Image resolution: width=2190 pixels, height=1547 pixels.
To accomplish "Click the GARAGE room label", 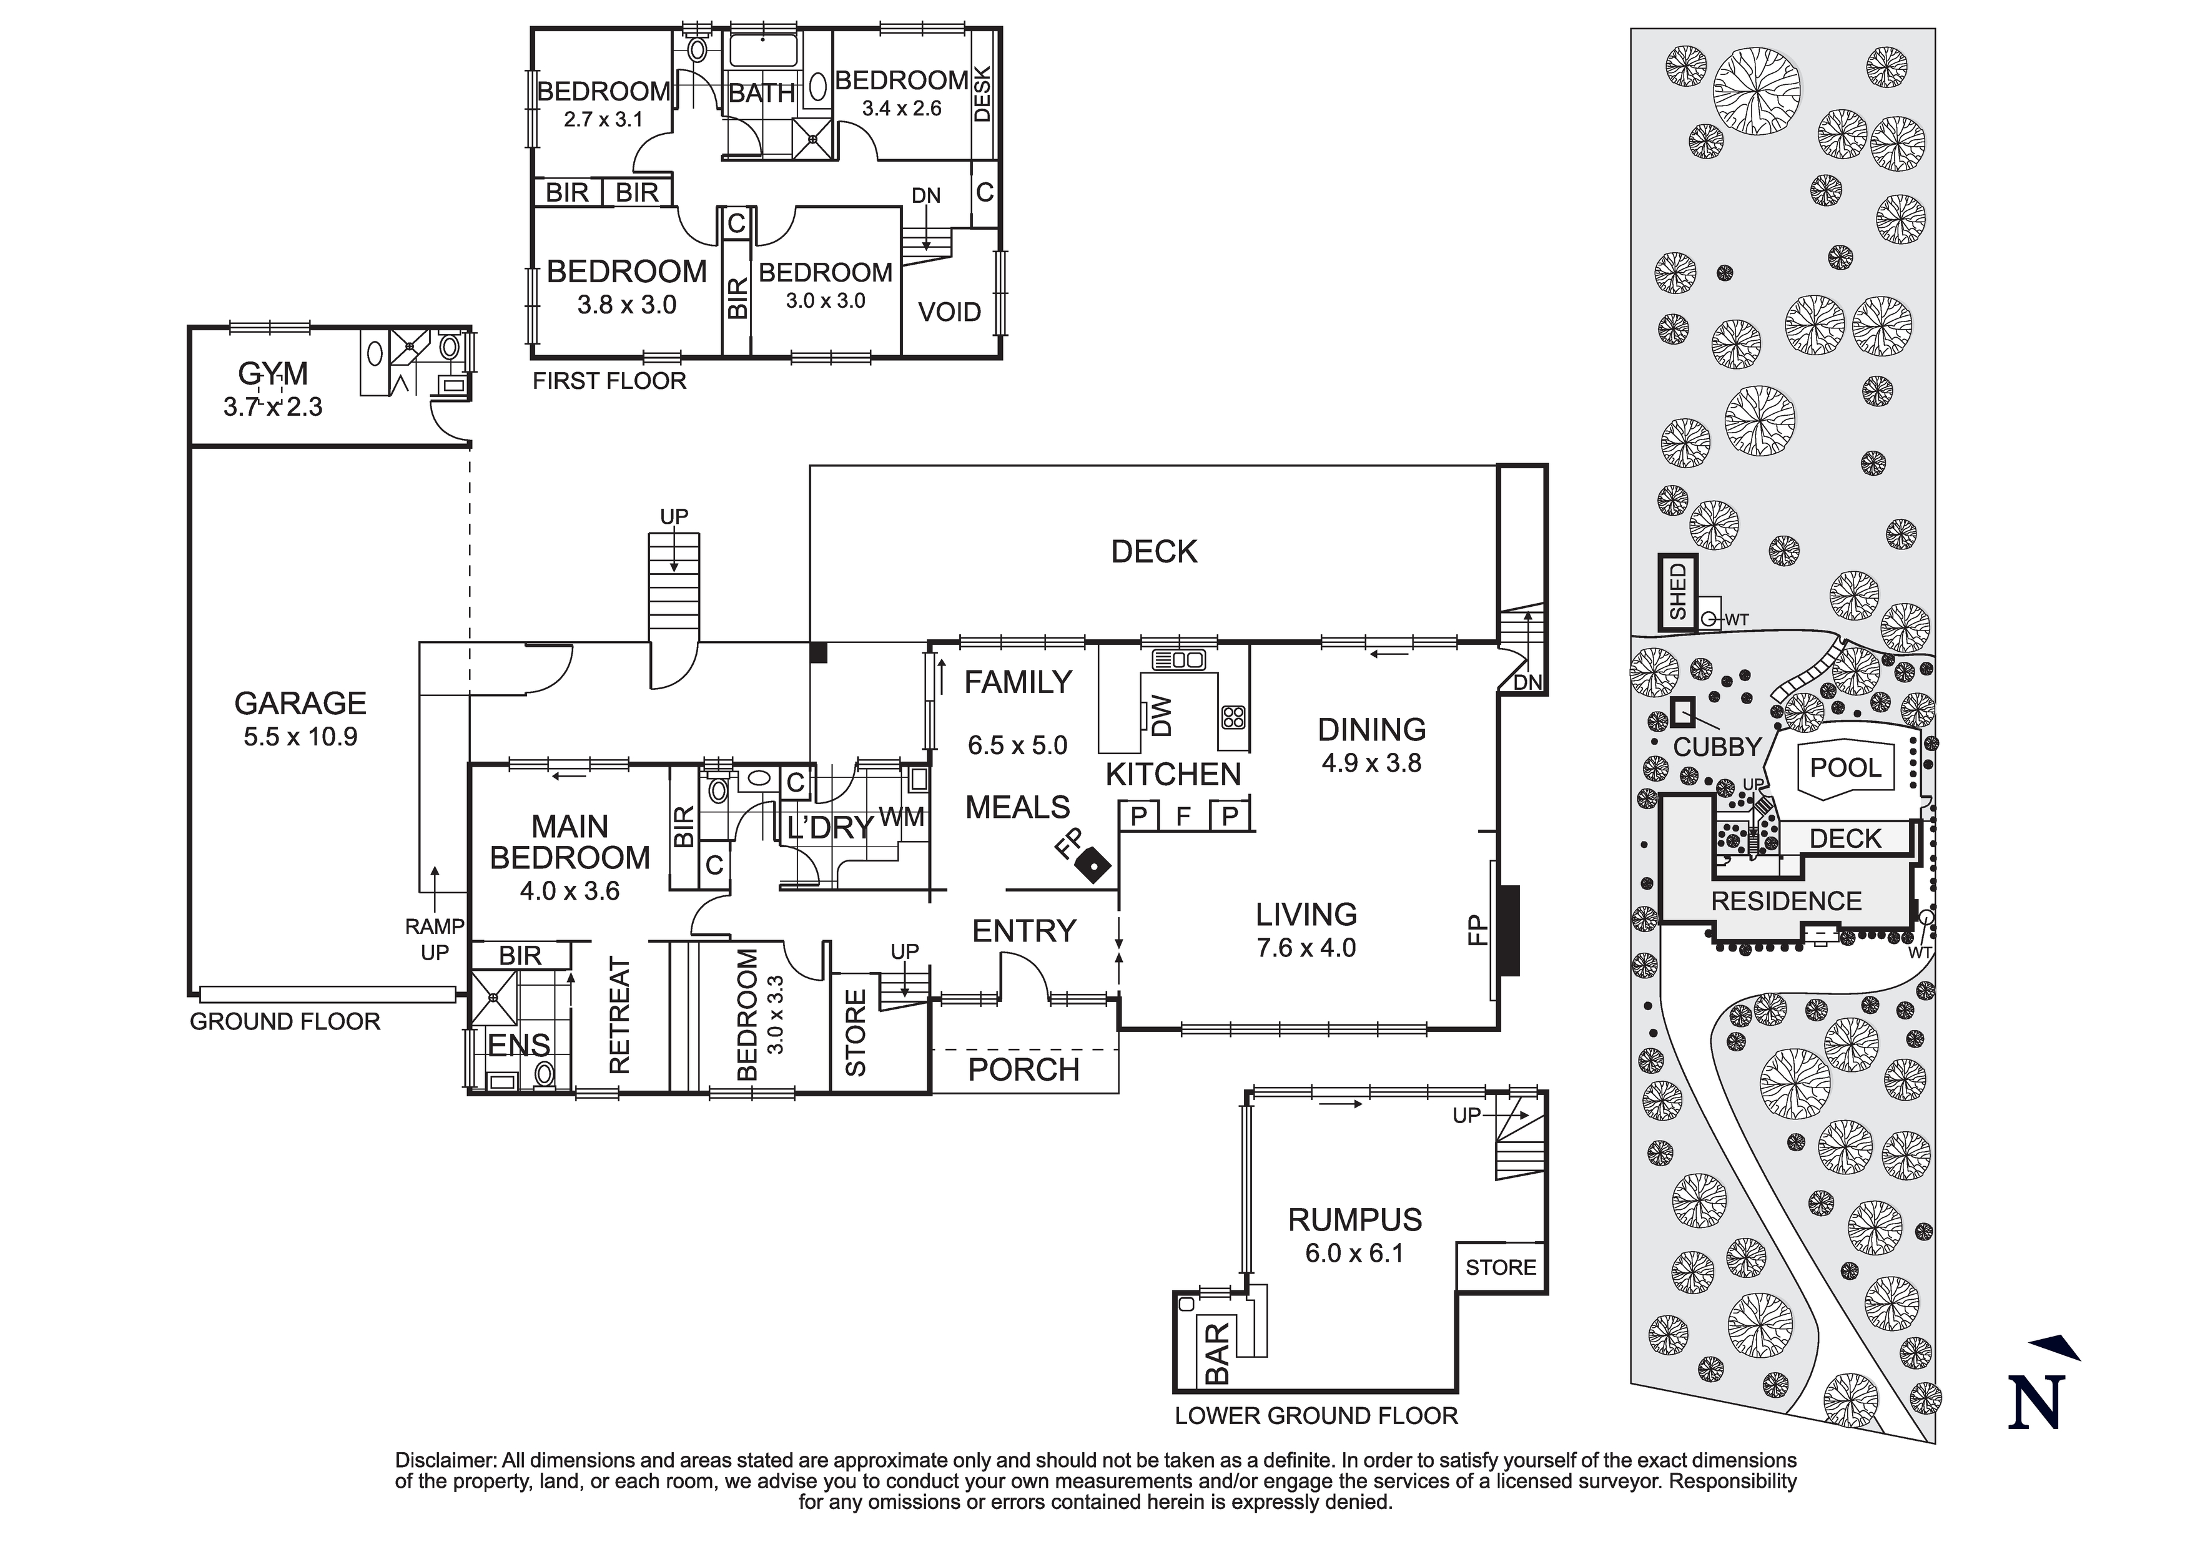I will click(x=300, y=704).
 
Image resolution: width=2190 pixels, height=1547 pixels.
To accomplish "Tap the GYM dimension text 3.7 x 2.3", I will click(x=273, y=407).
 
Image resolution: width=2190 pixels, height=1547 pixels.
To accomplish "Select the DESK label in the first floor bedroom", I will click(x=982, y=94).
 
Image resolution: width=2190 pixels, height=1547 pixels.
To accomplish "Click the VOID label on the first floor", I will click(x=949, y=312).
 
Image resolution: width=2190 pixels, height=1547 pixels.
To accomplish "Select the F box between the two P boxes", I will click(x=1184, y=817).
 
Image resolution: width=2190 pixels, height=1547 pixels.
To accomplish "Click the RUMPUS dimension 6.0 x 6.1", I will click(x=1354, y=1253).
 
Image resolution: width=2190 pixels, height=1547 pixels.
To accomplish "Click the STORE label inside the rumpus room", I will click(x=1501, y=1267).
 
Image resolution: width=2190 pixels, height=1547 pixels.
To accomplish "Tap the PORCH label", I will click(x=1023, y=1069).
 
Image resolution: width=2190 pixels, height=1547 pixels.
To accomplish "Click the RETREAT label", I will click(x=620, y=1017).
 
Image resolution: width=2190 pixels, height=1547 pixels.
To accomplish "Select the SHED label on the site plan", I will click(x=1678, y=591).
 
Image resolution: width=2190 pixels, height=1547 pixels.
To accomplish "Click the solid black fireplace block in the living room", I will click(x=1508, y=930).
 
